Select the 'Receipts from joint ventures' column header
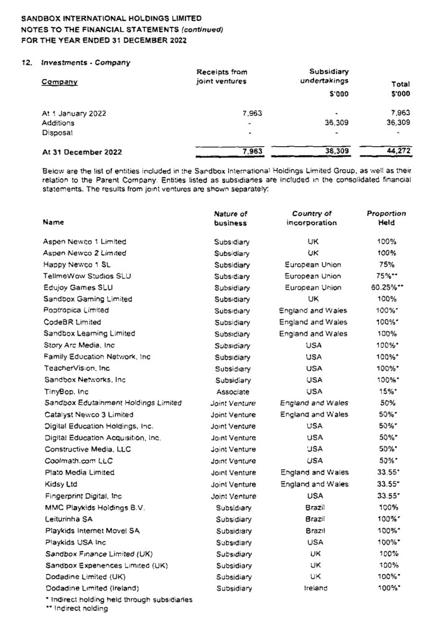222,76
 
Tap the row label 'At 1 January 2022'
74,113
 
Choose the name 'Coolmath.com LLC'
77,461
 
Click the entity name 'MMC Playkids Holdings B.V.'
94,507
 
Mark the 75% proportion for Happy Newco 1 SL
386,264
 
